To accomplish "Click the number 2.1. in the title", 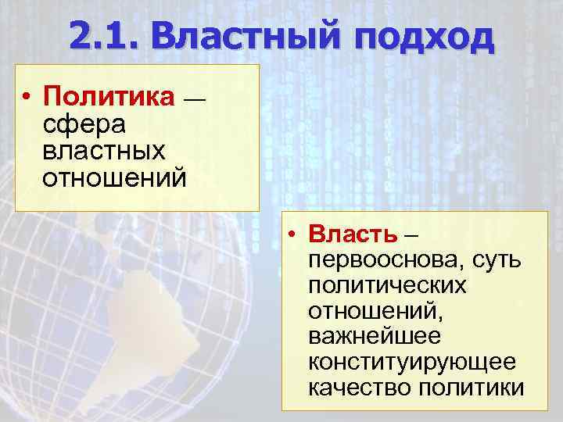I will tap(102, 35).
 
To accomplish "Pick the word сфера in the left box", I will tap(77, 123).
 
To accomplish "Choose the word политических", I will tap(388, 285).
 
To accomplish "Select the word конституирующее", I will tap(412, 363).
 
